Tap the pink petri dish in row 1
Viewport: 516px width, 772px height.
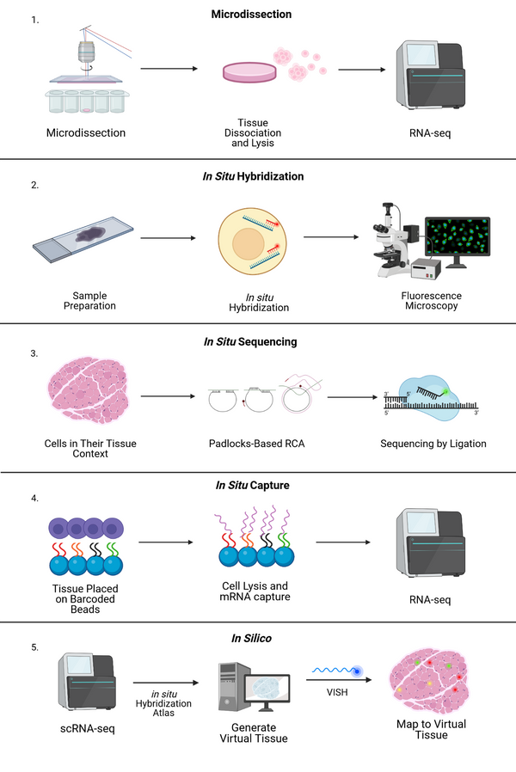[x=249, y=70]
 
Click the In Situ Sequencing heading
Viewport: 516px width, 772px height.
[x=250, y=341]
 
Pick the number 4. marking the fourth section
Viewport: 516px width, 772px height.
[x=35, y=497]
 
